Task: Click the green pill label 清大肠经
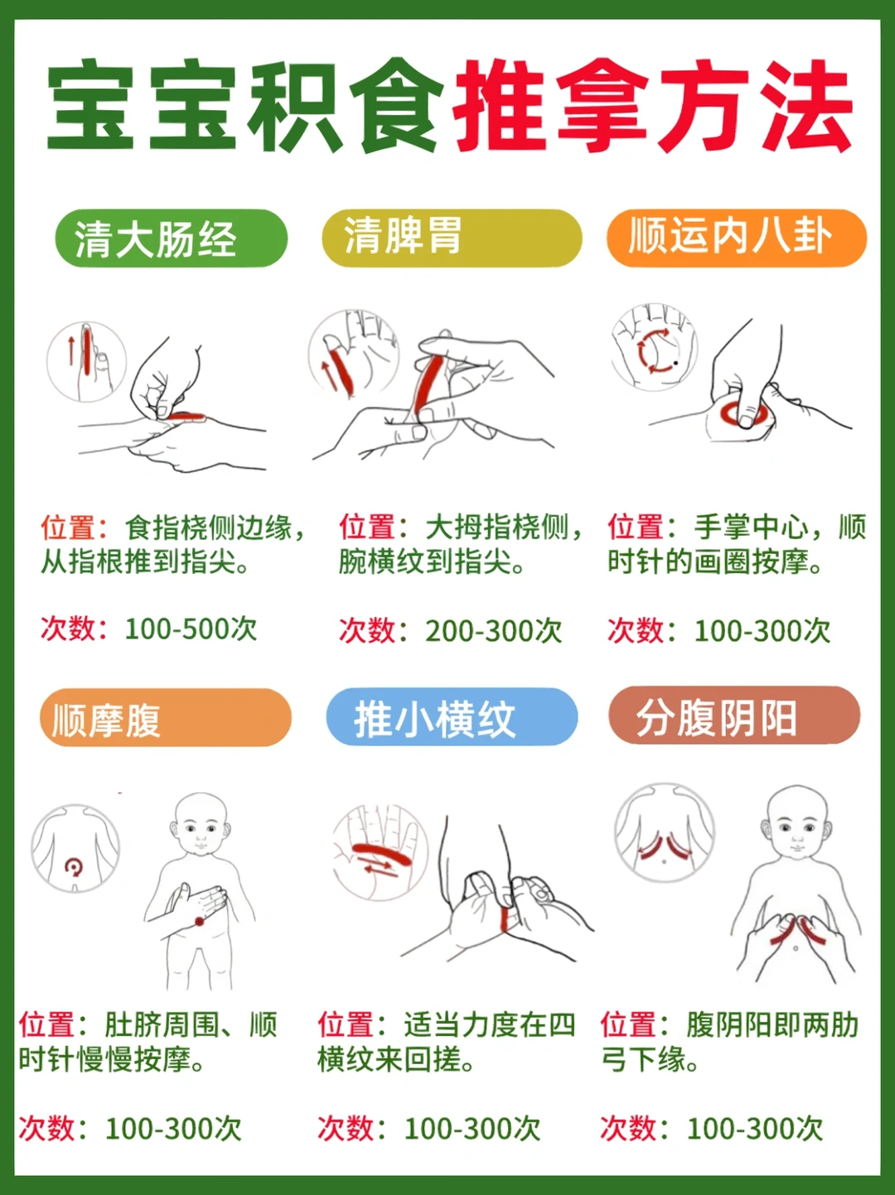[x=171, y=238]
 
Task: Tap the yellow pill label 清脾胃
[x=452, y=238]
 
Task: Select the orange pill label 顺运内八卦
[x=737, y=238]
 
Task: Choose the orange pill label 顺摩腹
[x=166, y=717]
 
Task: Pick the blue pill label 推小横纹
[x=452, y=716]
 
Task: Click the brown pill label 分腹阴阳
[x=734, y=716]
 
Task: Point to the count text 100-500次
[x=191, y=629]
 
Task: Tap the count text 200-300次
[x=494, y=631]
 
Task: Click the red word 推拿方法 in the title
[x=652, y=105]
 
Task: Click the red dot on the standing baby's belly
[x=200, y=921]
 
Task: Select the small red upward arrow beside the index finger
[x=70, y=350]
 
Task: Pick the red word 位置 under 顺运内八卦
[x=635, y=527]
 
